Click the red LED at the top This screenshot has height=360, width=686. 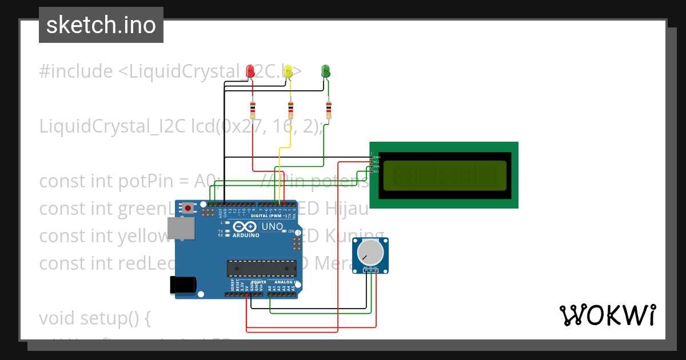(250, 71)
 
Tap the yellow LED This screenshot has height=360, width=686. (288, 71)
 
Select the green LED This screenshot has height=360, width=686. (326, 71)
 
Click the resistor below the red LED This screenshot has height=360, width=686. (253, 109)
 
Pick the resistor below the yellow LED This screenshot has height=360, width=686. (290, 109)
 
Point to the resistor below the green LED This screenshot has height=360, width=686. (328, 109)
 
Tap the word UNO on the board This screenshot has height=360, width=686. (272, 227)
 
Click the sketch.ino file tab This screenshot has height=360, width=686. (101, 25)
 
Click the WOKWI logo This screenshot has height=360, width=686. (607, 315)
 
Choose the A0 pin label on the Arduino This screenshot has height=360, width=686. (270, 289)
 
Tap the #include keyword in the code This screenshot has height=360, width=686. (76, 71)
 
